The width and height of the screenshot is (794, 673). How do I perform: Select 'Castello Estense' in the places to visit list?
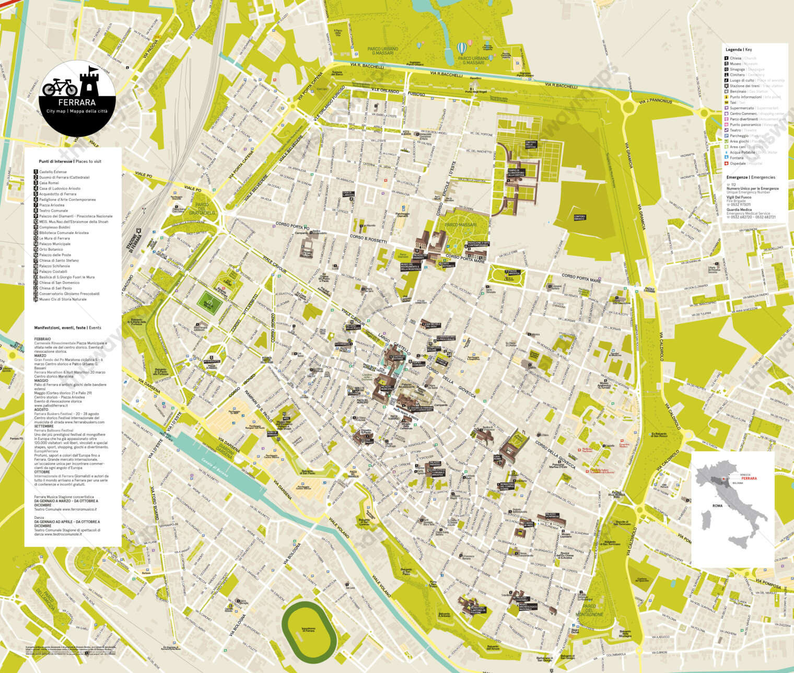click(x=53, y=172)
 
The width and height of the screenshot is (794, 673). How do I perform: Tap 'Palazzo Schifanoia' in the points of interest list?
click(x=54, y=266)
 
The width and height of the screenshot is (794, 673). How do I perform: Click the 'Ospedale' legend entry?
click(x=738, y=164)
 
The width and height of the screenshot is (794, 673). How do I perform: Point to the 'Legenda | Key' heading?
click(x=739, y=50)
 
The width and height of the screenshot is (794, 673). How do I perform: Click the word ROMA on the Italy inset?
click(x=717, y=506)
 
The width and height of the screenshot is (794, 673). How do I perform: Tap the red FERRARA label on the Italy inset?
click(x=749, y=478)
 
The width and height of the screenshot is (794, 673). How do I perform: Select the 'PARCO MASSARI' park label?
click(x=461, y=225)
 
